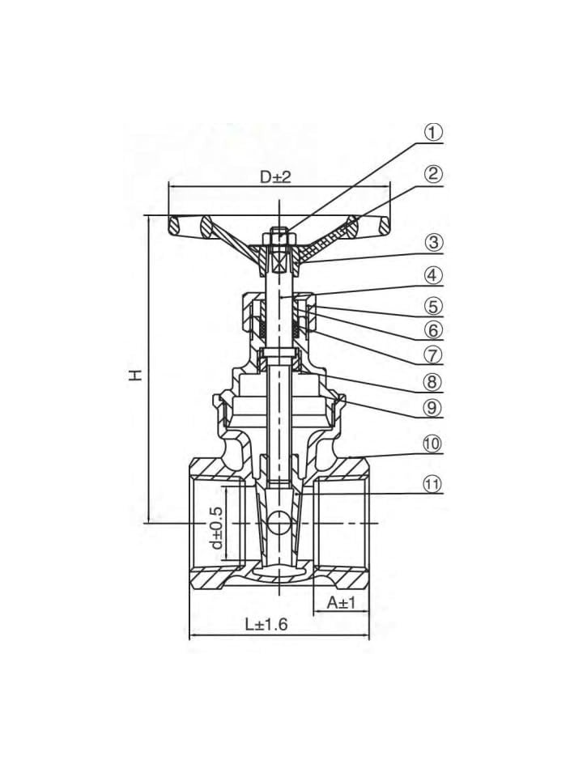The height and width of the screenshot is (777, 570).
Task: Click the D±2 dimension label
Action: [x=275, y=176]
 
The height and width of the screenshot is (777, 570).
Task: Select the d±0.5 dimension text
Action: [x=216, y=529]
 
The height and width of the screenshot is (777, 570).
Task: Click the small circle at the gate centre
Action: [x=279, y=523]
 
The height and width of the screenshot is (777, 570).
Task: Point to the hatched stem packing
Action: [x=263, y=328]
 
